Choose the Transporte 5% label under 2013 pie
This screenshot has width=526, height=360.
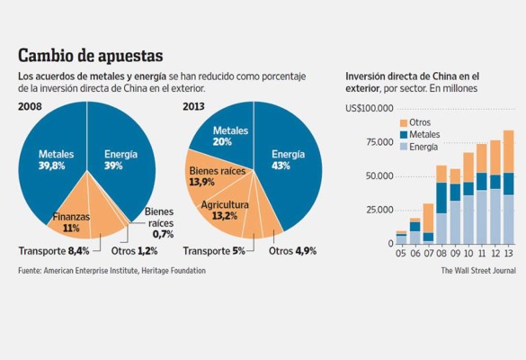pos(214,250)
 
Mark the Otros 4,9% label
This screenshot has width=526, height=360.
pos(292,250)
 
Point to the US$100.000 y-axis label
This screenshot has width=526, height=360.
pos(369,109)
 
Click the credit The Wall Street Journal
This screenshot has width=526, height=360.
pos(477,270)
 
